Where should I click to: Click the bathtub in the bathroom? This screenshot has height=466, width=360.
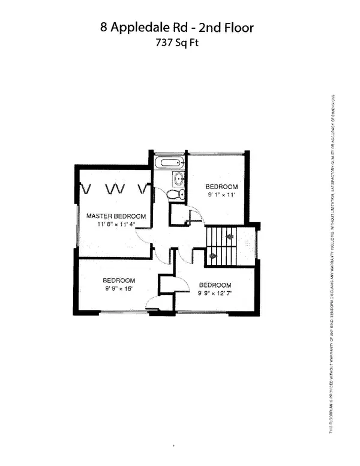click(x=170, y=163)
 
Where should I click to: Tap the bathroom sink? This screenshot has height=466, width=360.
click(x=178, y=178)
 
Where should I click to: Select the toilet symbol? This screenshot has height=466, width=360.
click(x=172, y=193)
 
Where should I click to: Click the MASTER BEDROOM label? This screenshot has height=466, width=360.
click(x=116, y=216)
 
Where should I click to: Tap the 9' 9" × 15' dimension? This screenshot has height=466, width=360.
click(x=118, y=289)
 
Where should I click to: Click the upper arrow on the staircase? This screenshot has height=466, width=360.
click(x=229, y=237)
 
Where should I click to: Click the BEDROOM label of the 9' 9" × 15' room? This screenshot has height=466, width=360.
click(x=118, y=280)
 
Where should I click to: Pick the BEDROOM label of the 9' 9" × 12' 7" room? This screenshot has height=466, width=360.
click(x=215, y=285)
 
